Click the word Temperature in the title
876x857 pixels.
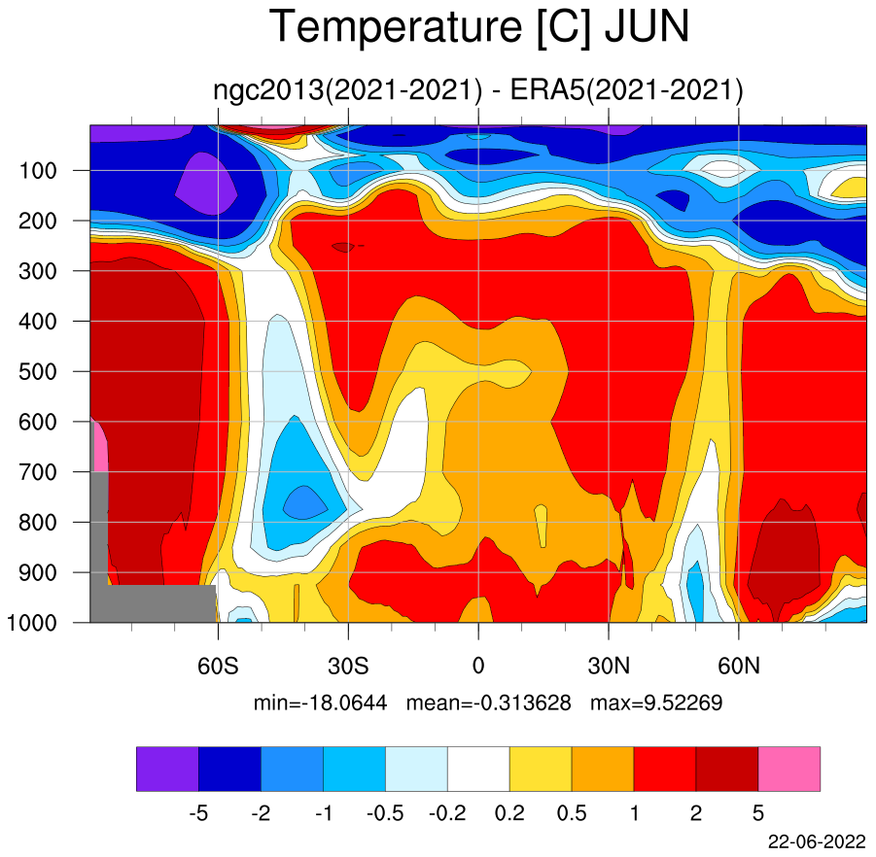click(396, 28)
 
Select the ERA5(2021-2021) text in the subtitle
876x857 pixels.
click(626, 90)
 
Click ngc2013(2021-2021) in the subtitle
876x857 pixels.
click(347, 90)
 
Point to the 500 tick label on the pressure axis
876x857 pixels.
click(37, 372)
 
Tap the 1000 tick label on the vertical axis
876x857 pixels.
click(31, 623)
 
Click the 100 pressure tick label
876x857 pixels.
click(37, 171)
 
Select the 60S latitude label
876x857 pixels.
click(218, 666)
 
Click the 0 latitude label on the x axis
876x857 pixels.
click(478, 666)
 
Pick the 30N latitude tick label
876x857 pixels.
click(609, 666)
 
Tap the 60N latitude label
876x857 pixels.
click(739, 666)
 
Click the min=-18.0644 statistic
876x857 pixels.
click(320, 703)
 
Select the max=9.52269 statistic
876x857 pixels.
click(656, 703)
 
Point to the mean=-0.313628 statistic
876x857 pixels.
click(489, 703)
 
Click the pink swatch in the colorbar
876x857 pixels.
click(789, 769)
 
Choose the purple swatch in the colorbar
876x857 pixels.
click(167, 769)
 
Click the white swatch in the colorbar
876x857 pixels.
click(478, 769)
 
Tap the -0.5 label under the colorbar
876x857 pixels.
click(385, 813)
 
